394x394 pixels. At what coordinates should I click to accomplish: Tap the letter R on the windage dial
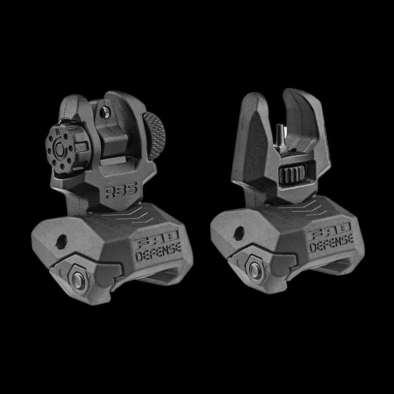(x=58, y=132)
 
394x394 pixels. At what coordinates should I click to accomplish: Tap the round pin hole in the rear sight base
(x=62, y=240)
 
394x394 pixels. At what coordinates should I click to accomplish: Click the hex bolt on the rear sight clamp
(x=78, y=279)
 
